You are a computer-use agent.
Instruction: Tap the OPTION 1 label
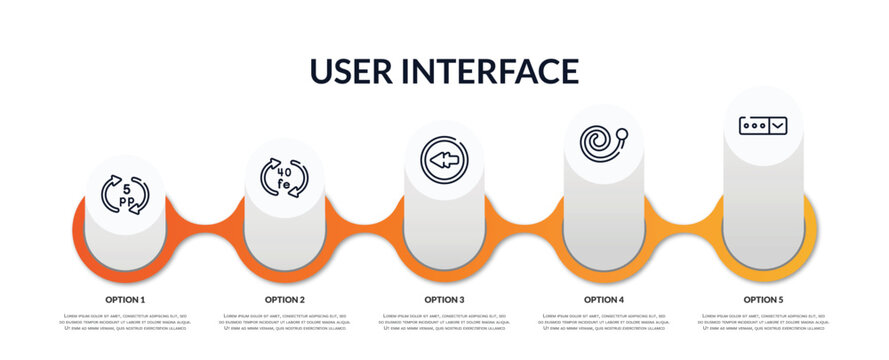125,299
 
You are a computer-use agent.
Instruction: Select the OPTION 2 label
285,299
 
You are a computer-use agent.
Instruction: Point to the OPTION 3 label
444,299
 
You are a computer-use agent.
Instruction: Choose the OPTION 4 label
604,299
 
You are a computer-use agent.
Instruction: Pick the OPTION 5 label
763,299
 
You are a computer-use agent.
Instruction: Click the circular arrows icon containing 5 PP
125,195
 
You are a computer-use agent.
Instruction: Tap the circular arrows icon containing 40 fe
284,177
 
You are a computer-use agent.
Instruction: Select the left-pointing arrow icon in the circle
444,160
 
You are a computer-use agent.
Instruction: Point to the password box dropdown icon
763,125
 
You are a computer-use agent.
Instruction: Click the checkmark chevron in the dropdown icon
778,125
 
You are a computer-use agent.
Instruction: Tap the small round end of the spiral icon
623,131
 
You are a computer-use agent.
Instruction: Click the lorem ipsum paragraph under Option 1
125,323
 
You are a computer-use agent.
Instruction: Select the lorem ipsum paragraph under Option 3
444,323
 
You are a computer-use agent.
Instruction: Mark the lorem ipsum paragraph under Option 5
763,323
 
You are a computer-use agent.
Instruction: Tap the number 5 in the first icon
126,186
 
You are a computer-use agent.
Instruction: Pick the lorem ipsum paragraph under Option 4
604,323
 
